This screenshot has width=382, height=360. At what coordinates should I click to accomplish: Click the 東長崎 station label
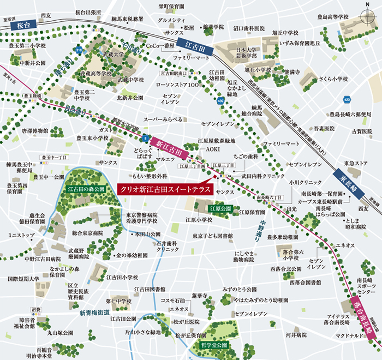pyautogui.click(x=345, y=180)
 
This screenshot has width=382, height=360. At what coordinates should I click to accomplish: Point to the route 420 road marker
pyautogui.click(x=347, y=99)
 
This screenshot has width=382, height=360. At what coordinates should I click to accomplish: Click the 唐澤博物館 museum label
pyautogui.click(x=34, y=131)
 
